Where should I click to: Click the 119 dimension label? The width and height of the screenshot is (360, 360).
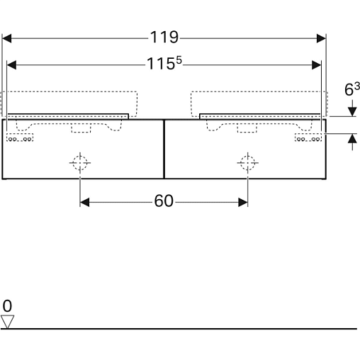(x=164, y=38)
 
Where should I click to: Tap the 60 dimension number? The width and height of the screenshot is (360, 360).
(x=164, y=201)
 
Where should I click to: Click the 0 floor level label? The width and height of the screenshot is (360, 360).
(x=7, y=306)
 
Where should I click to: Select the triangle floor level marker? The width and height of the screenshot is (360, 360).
(x=7, y=322)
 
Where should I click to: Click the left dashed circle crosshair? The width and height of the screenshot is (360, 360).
(x=80, y=163)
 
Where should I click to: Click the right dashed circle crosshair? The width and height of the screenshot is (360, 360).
(x=247, y=163)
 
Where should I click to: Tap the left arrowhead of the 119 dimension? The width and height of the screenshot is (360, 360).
(x=6, y=38)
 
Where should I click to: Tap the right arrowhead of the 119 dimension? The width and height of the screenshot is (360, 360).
(x=321, y=38)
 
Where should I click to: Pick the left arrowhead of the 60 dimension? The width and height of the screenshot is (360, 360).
(x=84, y=203)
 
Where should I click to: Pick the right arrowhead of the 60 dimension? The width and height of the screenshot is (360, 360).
(x=243, y=203)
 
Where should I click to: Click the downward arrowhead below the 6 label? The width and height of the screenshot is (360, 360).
(x=352, y=111)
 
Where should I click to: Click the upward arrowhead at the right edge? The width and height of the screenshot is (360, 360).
(x=352, y=138)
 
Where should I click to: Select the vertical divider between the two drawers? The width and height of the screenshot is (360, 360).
(x=164, y=149)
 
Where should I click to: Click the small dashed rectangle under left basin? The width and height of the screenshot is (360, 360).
(x=81, y=128)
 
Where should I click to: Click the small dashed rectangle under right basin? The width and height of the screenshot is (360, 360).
(x=247, y=128)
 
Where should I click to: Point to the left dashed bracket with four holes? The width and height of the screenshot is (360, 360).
(x=20, y=137)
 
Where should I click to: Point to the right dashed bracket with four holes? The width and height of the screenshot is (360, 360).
(x=308, y=137)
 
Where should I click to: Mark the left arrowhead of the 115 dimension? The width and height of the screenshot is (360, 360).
(x=11, y=65)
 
